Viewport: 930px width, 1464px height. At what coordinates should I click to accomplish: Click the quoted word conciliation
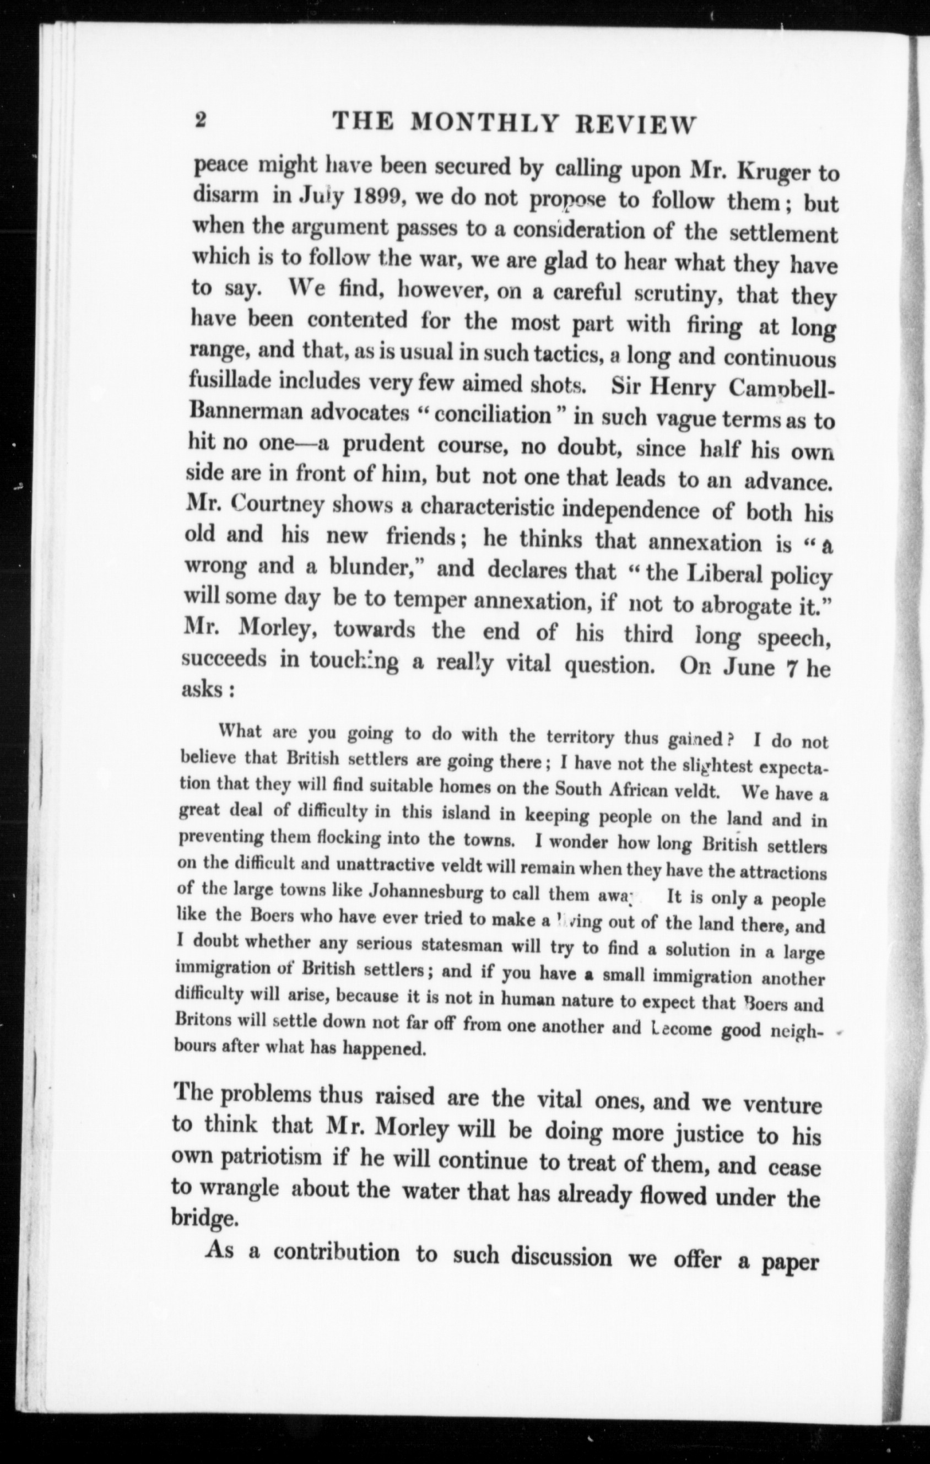[492, 415]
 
